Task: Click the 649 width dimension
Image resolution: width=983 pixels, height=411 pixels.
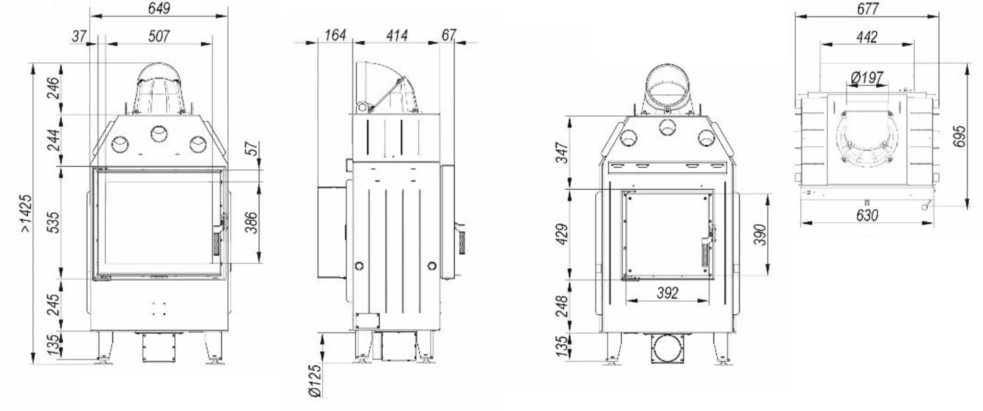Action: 159,9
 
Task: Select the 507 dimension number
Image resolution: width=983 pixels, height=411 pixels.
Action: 159,36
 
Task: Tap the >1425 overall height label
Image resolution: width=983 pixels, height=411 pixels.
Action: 26,214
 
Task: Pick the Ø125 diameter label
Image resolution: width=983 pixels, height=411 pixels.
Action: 315,381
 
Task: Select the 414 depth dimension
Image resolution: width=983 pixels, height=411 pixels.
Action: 396,35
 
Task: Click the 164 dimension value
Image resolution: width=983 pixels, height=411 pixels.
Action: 336,35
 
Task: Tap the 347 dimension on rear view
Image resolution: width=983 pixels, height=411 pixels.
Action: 562,152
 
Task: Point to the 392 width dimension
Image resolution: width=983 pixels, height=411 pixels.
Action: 668,292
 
